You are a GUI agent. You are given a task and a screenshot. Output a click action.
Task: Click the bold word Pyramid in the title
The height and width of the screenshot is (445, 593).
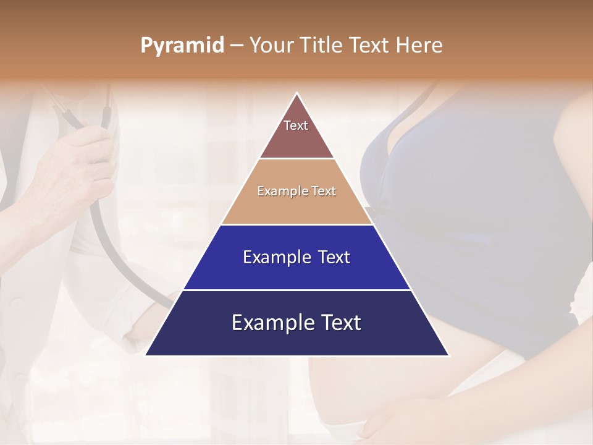pyautogui.click(x=182, y=45)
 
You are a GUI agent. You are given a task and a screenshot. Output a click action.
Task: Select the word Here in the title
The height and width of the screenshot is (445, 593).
pyautogui.click(x=419, y=45)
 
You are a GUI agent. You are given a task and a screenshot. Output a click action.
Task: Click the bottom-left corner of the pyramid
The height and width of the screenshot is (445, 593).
pyautogui.click(x=146, y=355)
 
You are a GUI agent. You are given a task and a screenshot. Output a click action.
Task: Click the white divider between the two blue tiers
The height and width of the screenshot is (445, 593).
pyautogui.click(x=296, y=290)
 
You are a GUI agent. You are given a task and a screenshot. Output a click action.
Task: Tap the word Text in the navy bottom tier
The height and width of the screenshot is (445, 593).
pyautogui.click(x=340, y=323)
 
